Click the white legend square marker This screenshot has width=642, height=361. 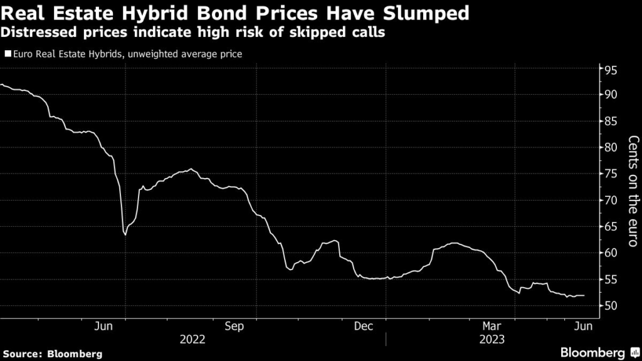pos(7,55)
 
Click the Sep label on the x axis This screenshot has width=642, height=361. pos(234,326)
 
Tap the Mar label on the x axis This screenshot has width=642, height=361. pos(493,326)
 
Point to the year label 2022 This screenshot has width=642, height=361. pos(192,339)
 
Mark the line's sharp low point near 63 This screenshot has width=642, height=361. pos(125,234)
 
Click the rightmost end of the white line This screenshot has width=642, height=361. pos(584,295)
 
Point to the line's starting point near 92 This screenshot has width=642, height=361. pos(1,85)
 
